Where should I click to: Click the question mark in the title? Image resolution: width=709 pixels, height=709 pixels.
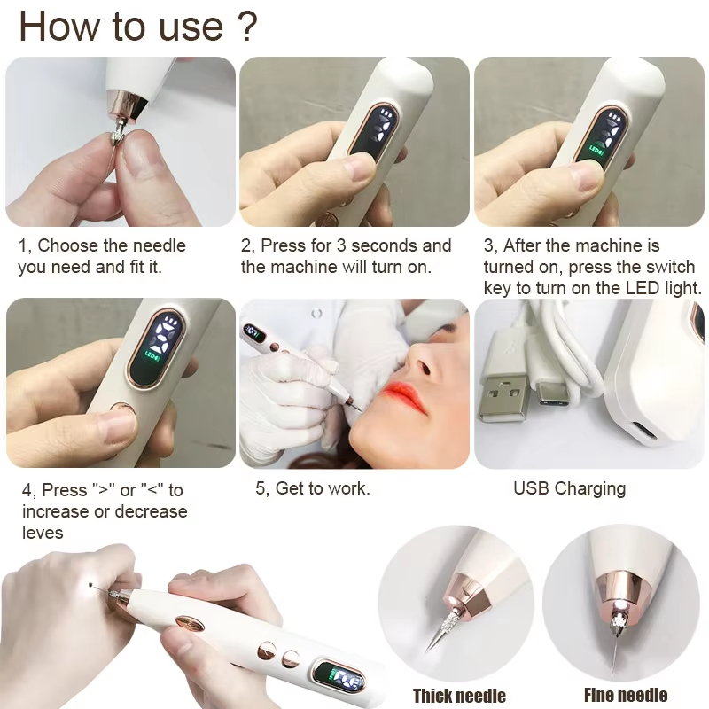click(x=247, y=27)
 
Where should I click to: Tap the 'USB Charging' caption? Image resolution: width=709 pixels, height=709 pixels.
click(x=569, y=489)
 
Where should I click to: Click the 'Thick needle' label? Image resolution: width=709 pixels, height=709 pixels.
click(x=459, y=695)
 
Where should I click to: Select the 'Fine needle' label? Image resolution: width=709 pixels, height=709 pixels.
click(x=626, y=695)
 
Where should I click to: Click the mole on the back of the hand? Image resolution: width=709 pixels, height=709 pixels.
click(x=91, y=585)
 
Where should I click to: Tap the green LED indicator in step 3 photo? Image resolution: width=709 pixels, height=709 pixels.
click(x=596, y=150)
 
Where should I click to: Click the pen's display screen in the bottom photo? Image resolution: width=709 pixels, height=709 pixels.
click(x=341, y=677)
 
